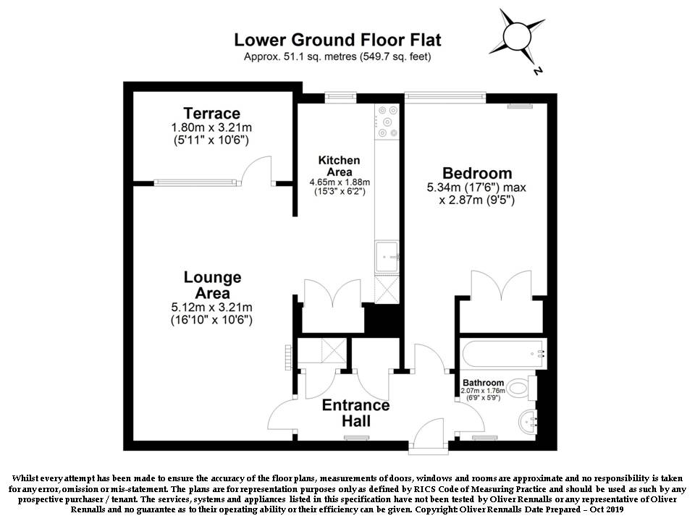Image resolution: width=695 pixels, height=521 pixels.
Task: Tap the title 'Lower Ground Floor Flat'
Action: pyautogui.click(x=338, y=40)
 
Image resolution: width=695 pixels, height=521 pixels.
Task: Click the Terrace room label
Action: pyautogui.click(x=212, y=113)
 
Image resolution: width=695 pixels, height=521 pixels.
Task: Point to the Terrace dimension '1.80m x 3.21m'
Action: pyautogui.click(x=211, y=127)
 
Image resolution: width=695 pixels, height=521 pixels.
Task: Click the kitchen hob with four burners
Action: pyautogui.click(x=387, y=122)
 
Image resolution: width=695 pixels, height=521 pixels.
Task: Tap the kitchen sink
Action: pyautogui.click(x=387, y=256)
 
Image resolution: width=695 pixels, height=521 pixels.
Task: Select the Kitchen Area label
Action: pyautogui.click(x=339, y=166)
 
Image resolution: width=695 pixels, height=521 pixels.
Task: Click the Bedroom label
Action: pyautogui.click(x=477, y=173)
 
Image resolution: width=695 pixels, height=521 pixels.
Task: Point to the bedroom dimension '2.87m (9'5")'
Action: pyautogui.click(x=477, y=200)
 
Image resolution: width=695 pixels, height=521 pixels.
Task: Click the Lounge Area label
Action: pyautogui.click(x=212, y=285)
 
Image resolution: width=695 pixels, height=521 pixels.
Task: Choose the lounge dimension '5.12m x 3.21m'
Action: pyautogui.click(x=212, y=307)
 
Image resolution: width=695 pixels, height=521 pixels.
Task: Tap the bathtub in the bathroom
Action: pyautogui.click(x=503, y=354)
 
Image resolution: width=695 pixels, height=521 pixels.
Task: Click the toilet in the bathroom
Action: pyautogui.click(x=521, y=389)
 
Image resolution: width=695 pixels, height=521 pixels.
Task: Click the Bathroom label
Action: pyautogui.click(x=483, y=382)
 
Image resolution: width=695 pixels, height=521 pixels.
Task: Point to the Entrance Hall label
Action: pyautogui.click(x=356, y=413)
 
